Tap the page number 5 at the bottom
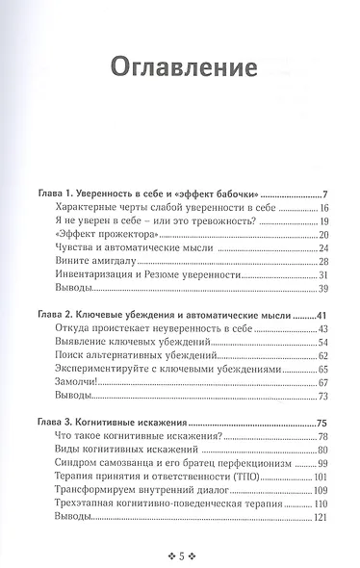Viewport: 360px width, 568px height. [180, 554]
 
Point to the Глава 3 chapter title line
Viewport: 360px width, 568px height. [118, 423]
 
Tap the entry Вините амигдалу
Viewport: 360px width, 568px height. [90, 261]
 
